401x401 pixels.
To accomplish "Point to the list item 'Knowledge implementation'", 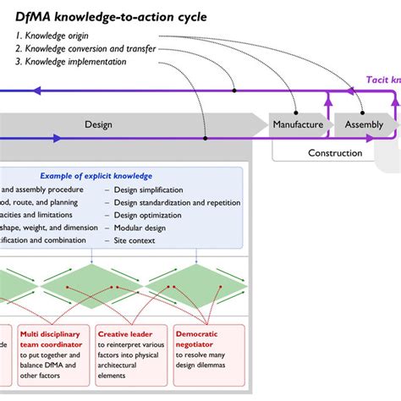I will pyautogui.click(x=78, y=62).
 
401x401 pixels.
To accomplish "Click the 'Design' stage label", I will pyautogui.click(x=98, y=124).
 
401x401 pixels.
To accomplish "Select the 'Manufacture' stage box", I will pyautogui.click(x=298, y=124).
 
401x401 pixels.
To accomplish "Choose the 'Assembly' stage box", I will pyautogui.click(x=364, y=124).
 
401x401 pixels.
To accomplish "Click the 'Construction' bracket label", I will pyautogui.click(x=334, y=153).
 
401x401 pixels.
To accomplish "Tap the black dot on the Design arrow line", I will pyautogui.click(x=205, y=136).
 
